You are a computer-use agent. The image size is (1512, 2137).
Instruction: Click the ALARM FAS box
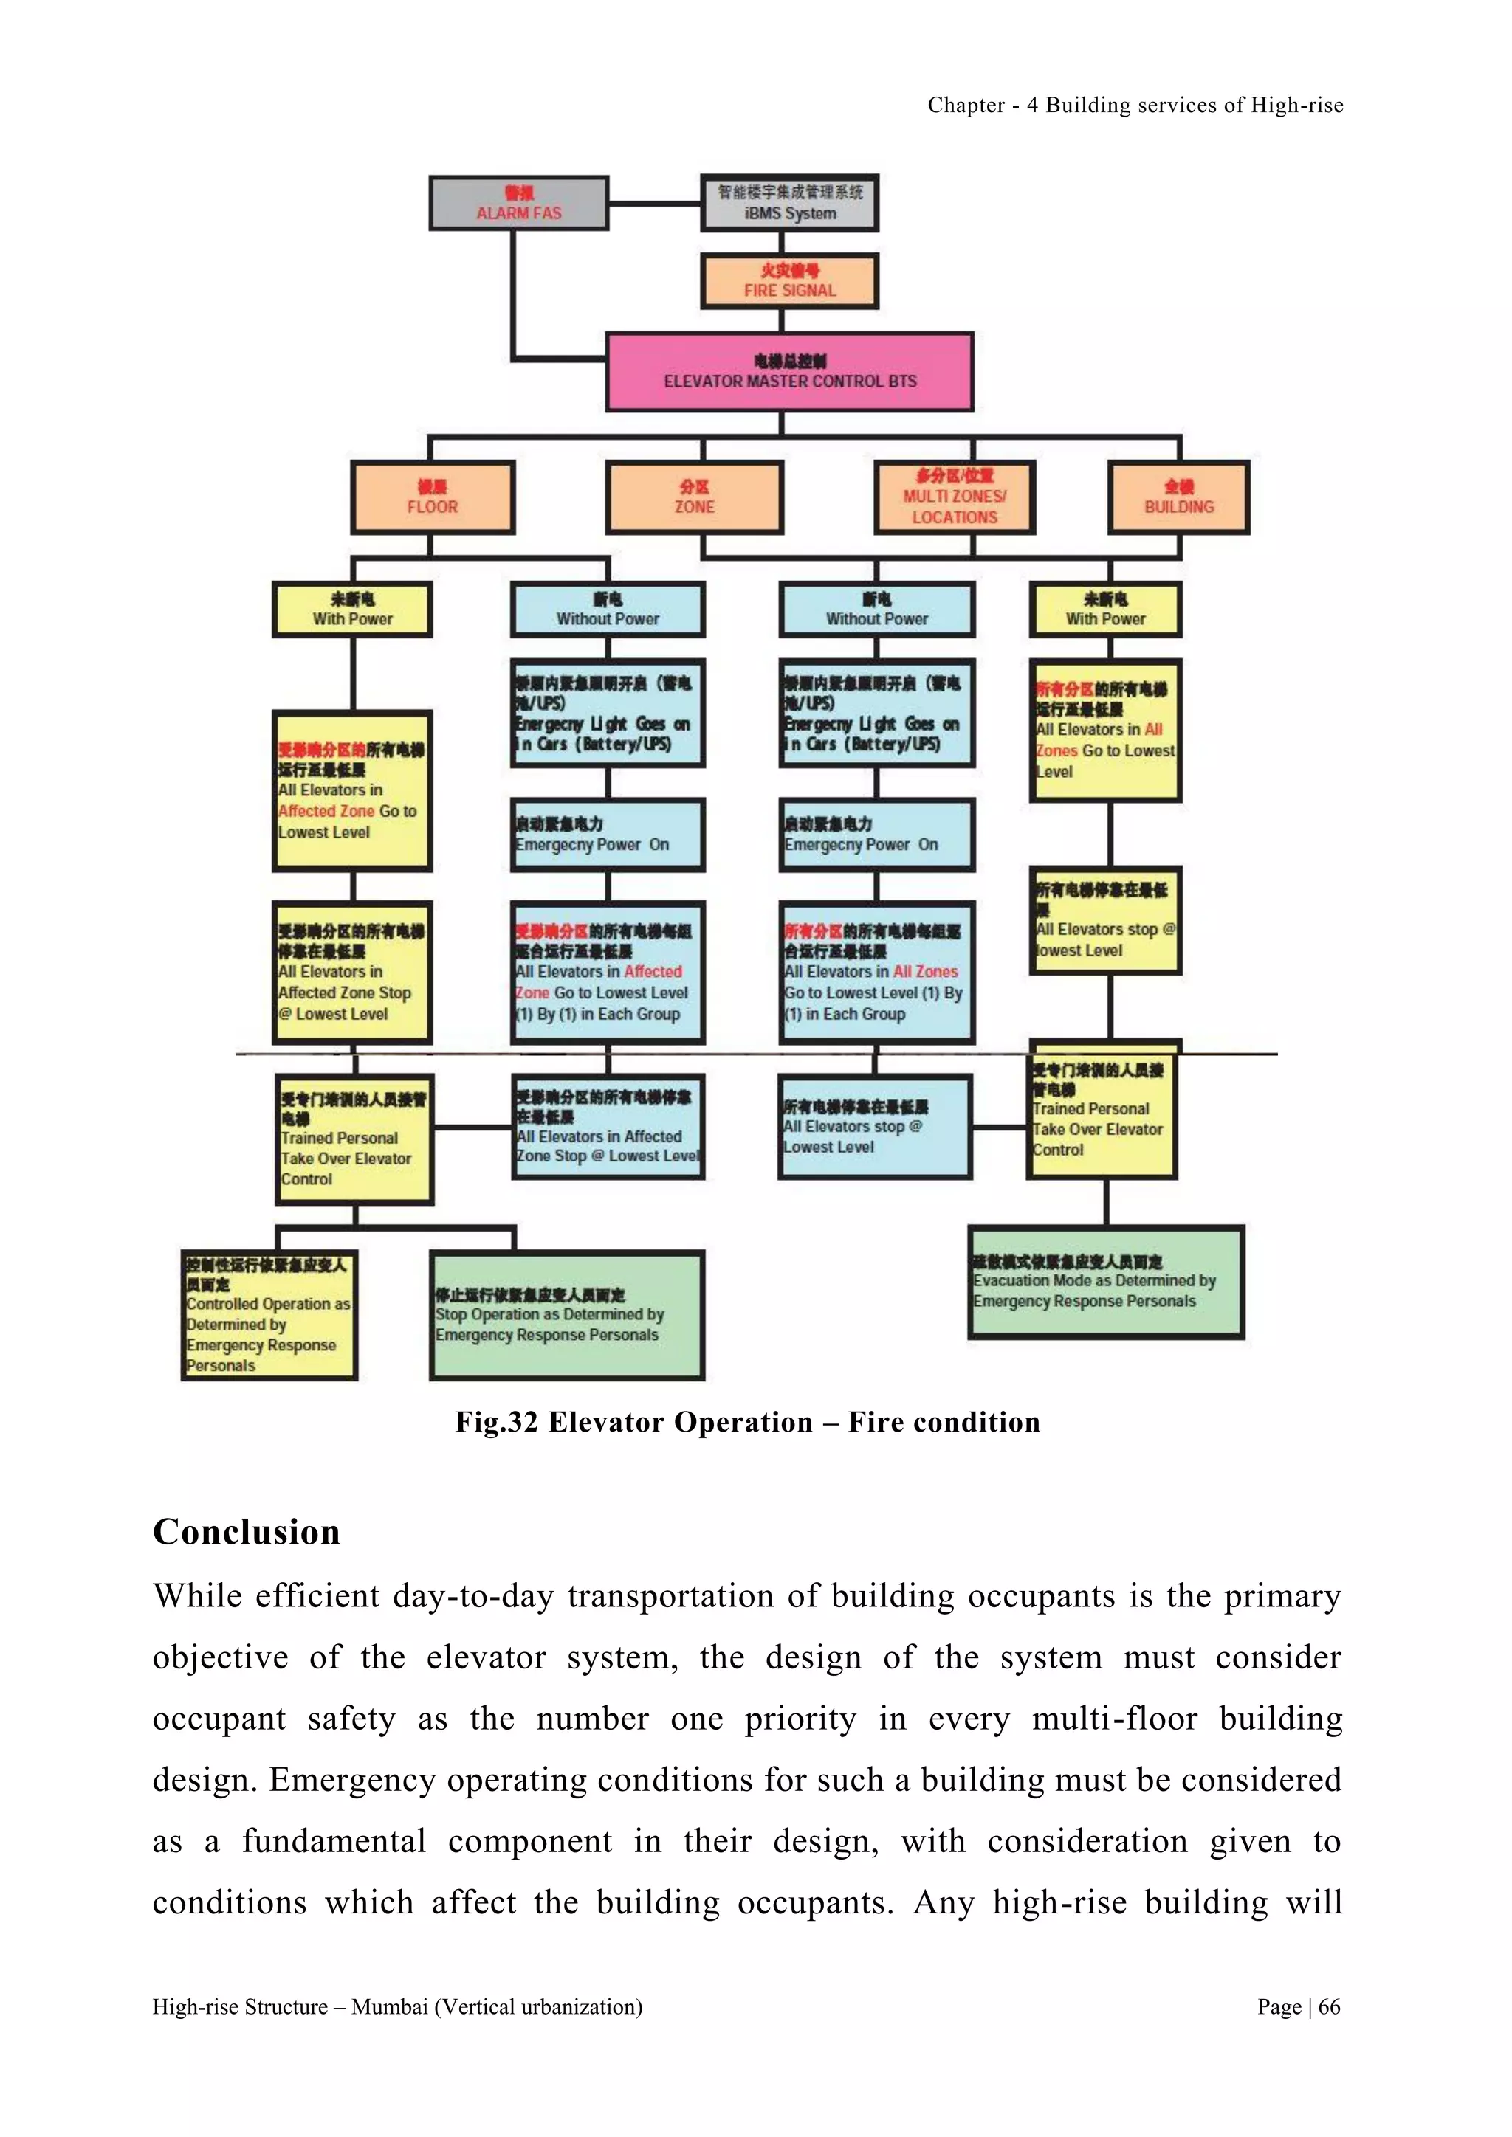pos(518,203)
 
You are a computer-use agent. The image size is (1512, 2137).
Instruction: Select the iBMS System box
pos(788,203)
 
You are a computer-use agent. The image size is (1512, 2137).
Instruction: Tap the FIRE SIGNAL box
pos(788,280)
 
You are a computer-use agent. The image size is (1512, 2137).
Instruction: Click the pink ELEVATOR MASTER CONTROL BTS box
pos(788,371)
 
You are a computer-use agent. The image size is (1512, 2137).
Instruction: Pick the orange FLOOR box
pos(432,498)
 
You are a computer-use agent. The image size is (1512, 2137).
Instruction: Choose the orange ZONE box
pos(695,498)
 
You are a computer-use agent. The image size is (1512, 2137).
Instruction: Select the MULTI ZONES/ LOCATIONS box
pos(955,498)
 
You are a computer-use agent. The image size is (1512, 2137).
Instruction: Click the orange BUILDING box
pos(1179,498)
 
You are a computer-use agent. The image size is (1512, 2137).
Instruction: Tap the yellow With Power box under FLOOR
pos(352,610)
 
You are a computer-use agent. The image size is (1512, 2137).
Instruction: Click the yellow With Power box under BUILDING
pos(1105,610)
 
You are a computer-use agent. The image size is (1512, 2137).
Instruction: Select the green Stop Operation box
pos(566,1314)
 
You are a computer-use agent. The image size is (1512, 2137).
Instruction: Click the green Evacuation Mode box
pos(1105,1282)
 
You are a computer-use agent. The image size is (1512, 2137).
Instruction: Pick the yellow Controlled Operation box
pos(268,1314)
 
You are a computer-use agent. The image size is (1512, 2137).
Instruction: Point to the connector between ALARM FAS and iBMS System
pos(655,203)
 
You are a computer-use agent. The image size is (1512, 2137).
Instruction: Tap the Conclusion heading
pos(247,1533)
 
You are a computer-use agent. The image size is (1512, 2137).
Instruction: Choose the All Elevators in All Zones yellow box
pos(1105,731)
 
